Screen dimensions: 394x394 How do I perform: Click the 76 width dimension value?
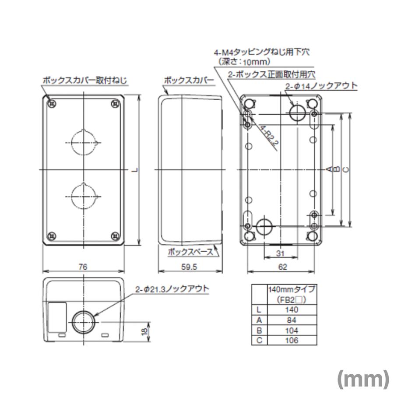(x=84, y=266)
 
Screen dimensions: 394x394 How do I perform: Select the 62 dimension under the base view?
(x=282, y=266)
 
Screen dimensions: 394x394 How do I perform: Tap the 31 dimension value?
(x=281, y=253)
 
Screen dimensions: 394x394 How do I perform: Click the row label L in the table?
(x=259, y=310)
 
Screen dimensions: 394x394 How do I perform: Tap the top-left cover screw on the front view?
(x=52, y=104)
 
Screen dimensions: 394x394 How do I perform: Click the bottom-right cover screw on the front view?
(x=115, y=236)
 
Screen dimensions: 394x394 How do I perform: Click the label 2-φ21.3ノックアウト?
(x=172, y=289)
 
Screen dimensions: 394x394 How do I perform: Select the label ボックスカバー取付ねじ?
(x=84, y=81)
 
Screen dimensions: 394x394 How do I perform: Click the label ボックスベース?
(x=190, y=252)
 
